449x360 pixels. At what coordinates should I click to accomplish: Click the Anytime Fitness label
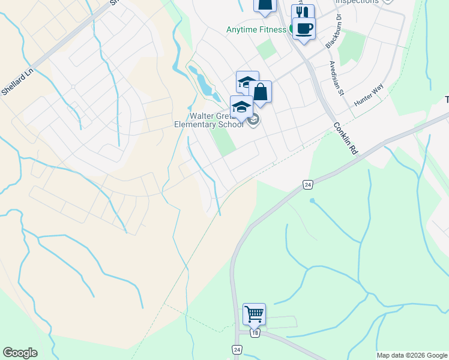(x=258, y=29)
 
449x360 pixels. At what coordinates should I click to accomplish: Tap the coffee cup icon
(x=304, y=28)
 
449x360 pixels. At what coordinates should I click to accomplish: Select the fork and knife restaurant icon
(x=303, y=13)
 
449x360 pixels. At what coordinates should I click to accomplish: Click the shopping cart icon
(x=254, y=314)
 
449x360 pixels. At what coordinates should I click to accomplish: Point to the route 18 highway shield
(x=255, y=333)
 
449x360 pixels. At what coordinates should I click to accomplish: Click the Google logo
(x=20, y=353)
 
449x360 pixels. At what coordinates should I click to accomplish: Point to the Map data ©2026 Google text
(x=412, y=355)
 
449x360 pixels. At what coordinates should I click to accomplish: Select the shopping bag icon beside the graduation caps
(x=260, y=92)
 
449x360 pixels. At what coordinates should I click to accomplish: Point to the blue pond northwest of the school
(x=202, y=81)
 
